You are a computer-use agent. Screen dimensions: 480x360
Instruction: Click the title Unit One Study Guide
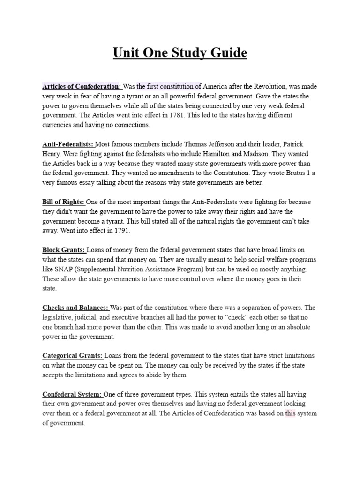[x=180, y=53]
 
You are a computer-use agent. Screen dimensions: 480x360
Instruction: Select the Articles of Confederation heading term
[x=81, y=86]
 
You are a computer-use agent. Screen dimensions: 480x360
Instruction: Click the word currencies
[x=59, y=125]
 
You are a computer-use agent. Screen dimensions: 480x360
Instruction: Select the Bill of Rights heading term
[x=63, y=202]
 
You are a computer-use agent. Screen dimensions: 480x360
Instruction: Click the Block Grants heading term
[x=64, y=250]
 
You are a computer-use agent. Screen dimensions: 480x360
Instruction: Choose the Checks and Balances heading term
[x=75, y=307]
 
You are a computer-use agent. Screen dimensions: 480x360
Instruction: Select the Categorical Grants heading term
[x=73, y=356]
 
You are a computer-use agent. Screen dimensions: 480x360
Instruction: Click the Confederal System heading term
[x=72, y=394]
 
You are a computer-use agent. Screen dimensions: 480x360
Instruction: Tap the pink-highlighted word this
[x=291, y=413]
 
